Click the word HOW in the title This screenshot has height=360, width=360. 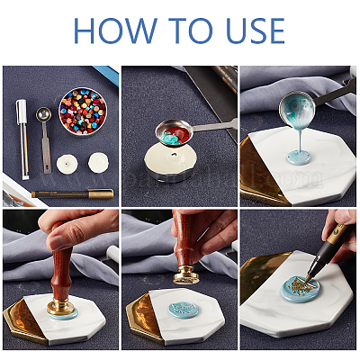pyautogui.click(x=115, y=31)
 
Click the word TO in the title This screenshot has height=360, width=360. pyautogui.click(x=190, y=31)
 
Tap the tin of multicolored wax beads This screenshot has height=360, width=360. pyautogui.click(x=83, y=112)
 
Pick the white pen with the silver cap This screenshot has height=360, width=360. pyautogui.click(x=22, y=139)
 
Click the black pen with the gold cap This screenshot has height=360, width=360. pyautogui.click(x=73, y=194)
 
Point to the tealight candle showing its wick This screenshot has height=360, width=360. pyautogui.click(x=67, y=164)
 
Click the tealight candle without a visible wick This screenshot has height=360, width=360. pyautogui.click(x=98, y=163)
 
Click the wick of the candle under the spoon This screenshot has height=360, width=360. pyautogui.click(x=173, y=155)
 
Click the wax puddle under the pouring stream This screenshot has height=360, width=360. pyautogui.click(x=299, y=157)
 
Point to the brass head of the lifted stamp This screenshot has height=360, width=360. pyautogui.click(x=186, y=275)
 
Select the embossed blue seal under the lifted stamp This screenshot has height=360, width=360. pyautogui.click(x=184, y=310)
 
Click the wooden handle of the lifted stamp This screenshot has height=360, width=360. pyautogui.click(x=184, y=240)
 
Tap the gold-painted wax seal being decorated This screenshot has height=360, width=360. pyautogui.click(x=299, y=289)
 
